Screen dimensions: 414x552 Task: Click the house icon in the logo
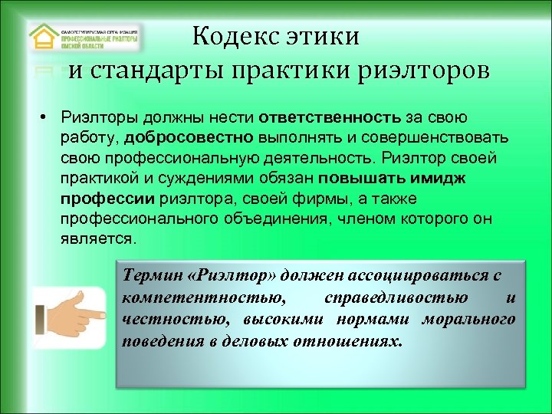[43, 38]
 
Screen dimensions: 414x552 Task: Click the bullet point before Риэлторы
[47, 120]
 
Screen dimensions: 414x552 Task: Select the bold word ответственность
[330, 119]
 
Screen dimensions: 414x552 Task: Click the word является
[98, 238]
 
